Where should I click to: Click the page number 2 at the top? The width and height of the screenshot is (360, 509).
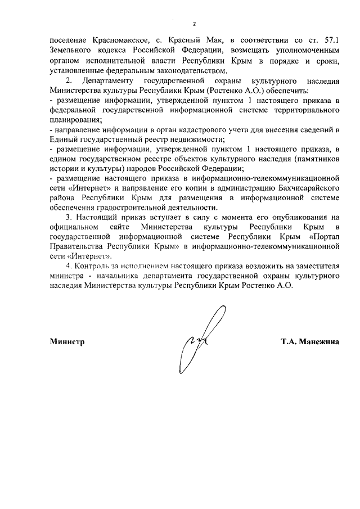pos(194,24)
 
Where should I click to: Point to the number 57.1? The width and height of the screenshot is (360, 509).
pos(329,40)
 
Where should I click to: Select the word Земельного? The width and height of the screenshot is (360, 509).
pos(69,51)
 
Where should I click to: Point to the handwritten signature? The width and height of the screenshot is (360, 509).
pos(200,340)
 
